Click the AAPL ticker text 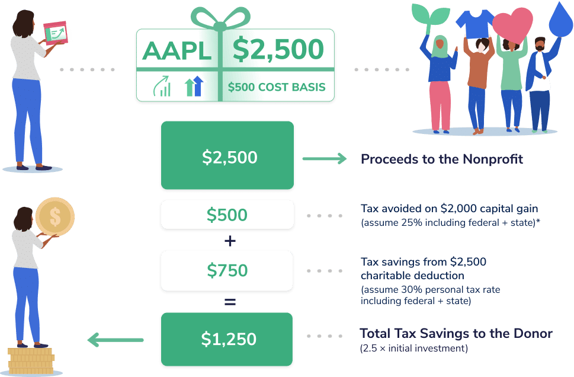177,50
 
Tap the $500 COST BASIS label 277,87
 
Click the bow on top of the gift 220,19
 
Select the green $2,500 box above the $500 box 227,155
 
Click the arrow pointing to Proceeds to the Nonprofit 325,159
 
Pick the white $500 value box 227,215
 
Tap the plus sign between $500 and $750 230,241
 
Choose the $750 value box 227,270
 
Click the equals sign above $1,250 230,302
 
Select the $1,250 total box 227,339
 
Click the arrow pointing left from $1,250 116,340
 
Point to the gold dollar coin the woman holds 55,216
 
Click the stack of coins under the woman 31,361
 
